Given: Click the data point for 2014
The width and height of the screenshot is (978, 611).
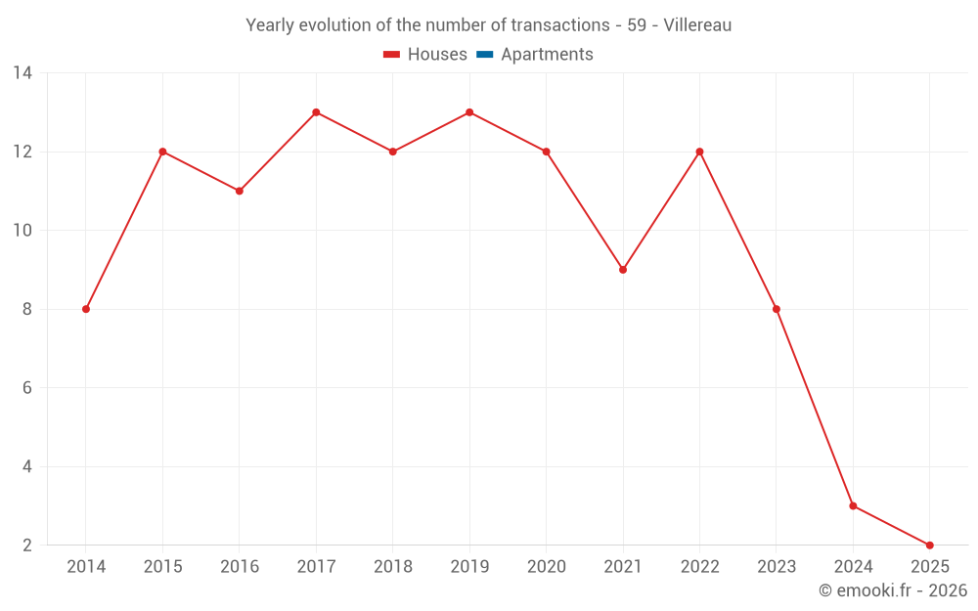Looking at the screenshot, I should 86,309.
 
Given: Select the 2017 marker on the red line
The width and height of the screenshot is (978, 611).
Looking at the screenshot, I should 316,112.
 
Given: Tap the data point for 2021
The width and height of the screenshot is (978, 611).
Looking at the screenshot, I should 623,270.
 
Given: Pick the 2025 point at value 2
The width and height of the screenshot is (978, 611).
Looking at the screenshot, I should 929,545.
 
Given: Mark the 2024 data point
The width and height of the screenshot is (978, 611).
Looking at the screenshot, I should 853,505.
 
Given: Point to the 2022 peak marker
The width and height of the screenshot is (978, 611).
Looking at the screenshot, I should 699,152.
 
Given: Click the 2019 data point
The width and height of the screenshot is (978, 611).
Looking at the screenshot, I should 469,112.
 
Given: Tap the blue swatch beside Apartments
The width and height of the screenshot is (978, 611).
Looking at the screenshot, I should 485,55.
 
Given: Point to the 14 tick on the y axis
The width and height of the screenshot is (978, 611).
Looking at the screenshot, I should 22,73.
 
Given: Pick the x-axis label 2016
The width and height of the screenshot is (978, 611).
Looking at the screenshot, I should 240,567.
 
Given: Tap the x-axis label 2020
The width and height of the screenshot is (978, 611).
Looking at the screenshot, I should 546,567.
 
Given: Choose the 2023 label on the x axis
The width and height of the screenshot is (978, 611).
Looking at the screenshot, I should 776,567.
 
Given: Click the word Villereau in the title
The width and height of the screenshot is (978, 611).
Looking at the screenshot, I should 697,25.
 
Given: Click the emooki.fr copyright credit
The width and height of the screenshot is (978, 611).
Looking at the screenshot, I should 893,590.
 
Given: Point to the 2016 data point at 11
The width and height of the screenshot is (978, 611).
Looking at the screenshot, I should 240,191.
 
